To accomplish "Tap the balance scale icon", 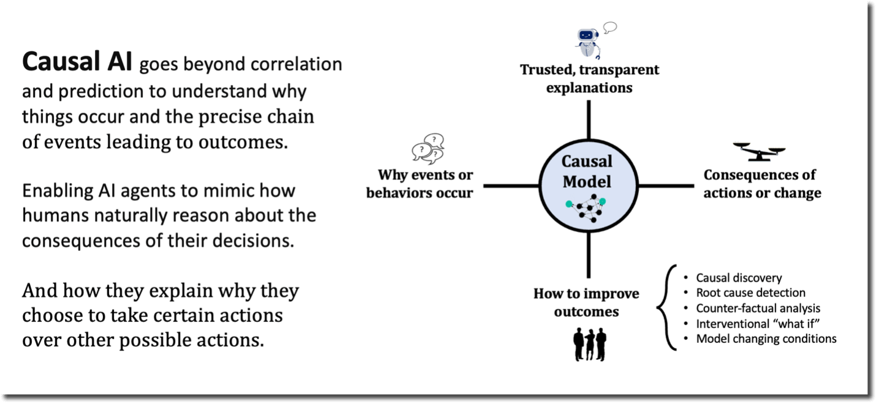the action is point(759,152).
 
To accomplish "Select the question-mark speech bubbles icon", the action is point(428,149).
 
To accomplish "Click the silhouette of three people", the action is point(590,344).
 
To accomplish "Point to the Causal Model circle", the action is point(589,186).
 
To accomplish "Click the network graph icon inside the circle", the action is point(586,208).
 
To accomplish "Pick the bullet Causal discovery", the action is point(739,278).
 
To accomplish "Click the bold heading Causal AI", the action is point(77,61).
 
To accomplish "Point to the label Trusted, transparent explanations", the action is point(589,78).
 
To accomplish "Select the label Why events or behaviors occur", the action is point(420,184).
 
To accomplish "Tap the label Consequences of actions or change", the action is point(762,184).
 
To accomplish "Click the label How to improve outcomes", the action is point(586,302).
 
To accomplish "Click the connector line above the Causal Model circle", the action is point(589,120).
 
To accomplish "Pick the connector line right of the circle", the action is point(666,186).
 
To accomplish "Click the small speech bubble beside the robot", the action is point(610,28).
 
